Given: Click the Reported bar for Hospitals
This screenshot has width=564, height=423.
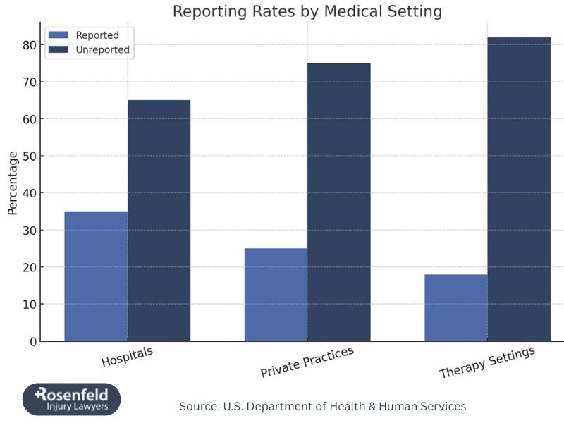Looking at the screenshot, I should pyautogui.click(x=96, y=276).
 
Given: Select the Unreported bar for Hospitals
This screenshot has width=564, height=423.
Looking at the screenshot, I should pyautogui.click(x=159, y=221).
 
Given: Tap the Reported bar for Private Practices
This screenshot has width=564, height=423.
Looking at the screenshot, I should pyautogui.click(x=276, y=295).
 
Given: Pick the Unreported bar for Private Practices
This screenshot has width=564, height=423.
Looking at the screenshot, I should pyautogui.click(x=338, y=202).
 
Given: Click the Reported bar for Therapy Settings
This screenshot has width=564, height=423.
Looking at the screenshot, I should pyautogui.click(x=456, y=307).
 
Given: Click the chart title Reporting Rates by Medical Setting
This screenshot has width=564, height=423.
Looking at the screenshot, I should pyautogui.click(x=307, y=11).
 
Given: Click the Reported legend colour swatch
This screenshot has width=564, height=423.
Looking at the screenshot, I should pyautogui.click(x=59, y=35).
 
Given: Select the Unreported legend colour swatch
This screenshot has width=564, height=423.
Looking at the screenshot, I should pyautogui.click(x=59, y=50).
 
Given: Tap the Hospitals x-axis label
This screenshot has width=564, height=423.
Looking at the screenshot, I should pyautogui.click(x=127, y=356).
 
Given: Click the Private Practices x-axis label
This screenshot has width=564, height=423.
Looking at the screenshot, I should pyautogui.click(x=307, y=362).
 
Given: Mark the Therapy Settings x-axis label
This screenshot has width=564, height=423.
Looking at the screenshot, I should pyautogui.click(x=487, y=362).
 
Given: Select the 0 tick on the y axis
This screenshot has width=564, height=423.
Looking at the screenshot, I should pyautogui.click(x=32, y=341).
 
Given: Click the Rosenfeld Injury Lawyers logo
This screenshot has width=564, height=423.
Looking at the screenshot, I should pyautogui.click(x=71, y=399).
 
